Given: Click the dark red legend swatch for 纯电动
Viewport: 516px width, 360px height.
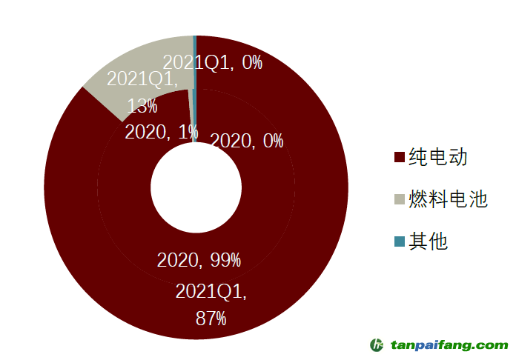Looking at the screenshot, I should click(x=400, y=157).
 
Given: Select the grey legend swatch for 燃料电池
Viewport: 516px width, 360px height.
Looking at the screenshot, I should click(x=400, y=199).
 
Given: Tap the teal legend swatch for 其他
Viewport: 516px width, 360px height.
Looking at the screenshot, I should click(x=400, y=241).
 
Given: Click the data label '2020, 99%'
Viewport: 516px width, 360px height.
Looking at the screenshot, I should click(x=199, y=260).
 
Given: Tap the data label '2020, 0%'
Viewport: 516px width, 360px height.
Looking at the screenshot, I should click(x=247, y=140).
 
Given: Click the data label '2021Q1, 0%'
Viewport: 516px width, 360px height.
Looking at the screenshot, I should click(x=212, y=62).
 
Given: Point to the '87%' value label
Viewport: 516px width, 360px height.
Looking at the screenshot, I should click(x=211, y=319).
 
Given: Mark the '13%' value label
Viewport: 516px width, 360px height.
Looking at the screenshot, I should click(x=142, y=106).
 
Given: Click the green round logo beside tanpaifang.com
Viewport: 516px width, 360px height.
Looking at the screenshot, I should click(x=377, y=345).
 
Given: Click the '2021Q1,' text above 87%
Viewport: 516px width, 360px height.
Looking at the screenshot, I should click(x=211, y=292).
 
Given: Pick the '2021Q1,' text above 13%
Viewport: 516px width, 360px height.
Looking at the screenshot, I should click(x=142, y=79).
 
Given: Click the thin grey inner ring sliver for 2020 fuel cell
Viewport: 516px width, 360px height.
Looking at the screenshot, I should click(x=193, y=126).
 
